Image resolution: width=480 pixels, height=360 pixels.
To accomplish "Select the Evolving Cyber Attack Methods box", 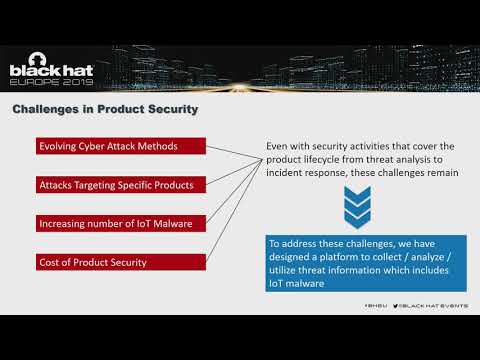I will point(121,147).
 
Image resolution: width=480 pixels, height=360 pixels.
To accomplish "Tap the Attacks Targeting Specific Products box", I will point(121,185).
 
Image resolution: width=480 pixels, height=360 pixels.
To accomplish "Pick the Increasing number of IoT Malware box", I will point(121,223).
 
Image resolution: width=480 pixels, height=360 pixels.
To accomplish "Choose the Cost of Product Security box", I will point(121,262).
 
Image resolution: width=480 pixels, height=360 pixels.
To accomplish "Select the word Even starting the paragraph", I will point(277,145).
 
